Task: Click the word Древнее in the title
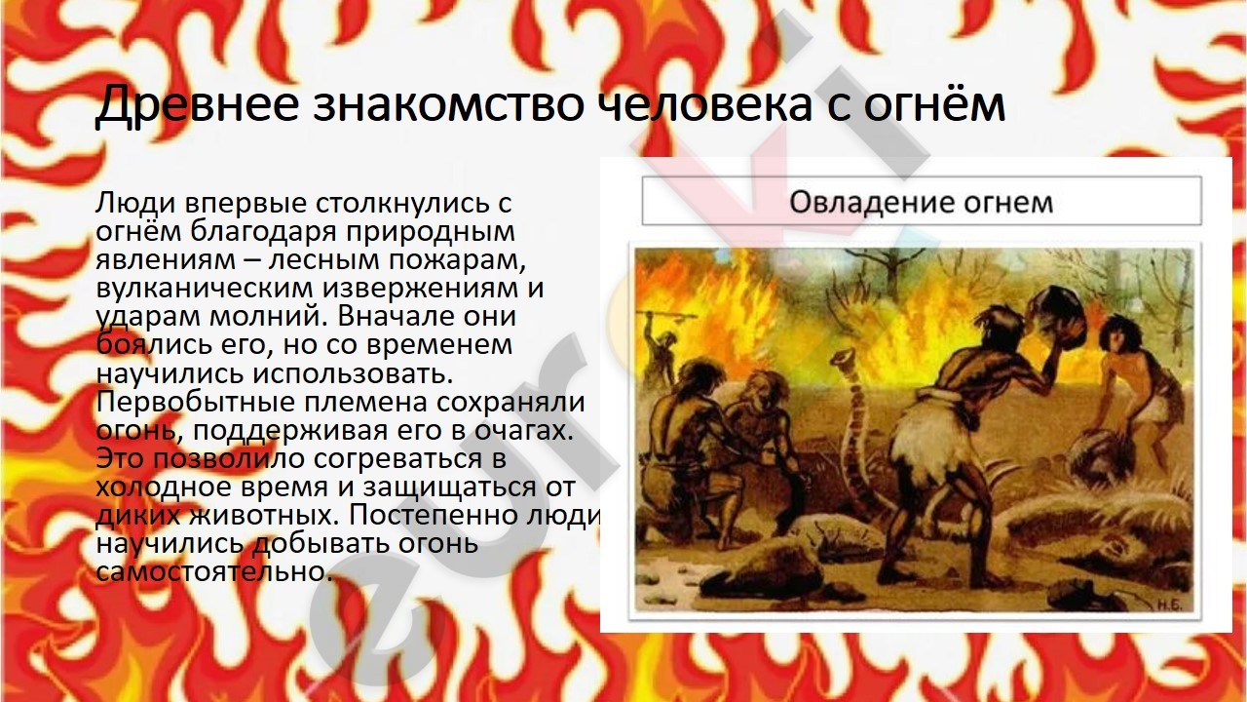(x=198, y=104)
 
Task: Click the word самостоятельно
(x=213, y=571)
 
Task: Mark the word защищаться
(x=446, y=488)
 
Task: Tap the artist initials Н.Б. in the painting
(x=1168, y=605)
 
